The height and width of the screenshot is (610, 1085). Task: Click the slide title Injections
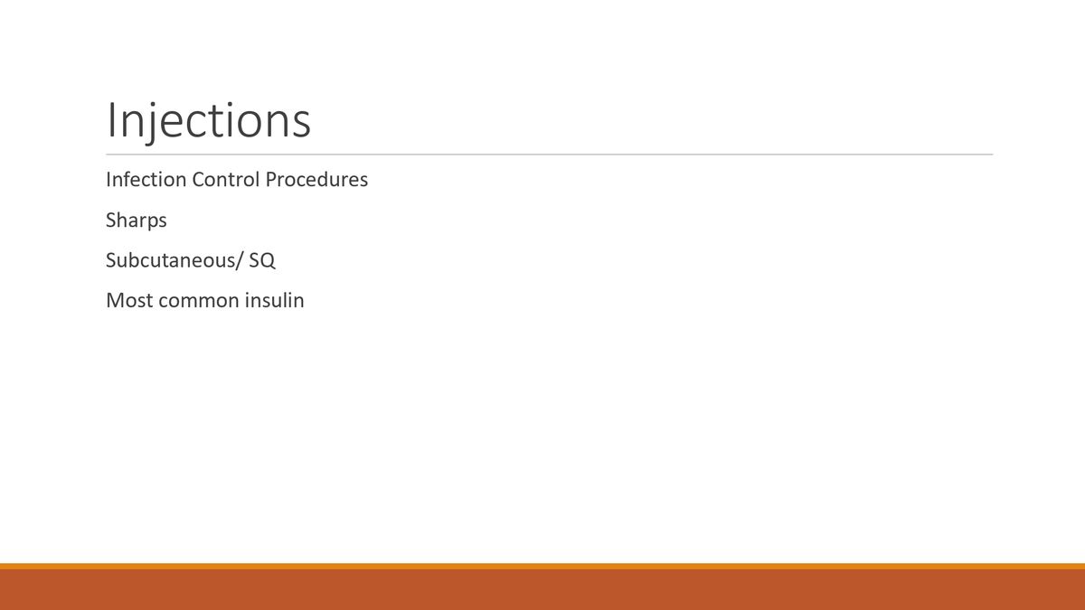208,121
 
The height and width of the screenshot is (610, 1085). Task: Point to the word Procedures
316,180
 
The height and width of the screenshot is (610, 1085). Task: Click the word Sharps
137,221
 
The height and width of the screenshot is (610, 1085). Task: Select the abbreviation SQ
261,260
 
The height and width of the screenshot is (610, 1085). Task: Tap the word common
198,301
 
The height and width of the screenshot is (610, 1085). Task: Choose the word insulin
275,300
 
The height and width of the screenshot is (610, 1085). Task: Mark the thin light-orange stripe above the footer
542,567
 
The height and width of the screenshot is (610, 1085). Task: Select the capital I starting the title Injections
111,120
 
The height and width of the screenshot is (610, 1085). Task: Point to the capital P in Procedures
270,180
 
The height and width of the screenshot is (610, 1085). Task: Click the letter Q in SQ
268,261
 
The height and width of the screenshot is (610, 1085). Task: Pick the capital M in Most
115,300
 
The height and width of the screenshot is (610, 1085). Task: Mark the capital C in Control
198,180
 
